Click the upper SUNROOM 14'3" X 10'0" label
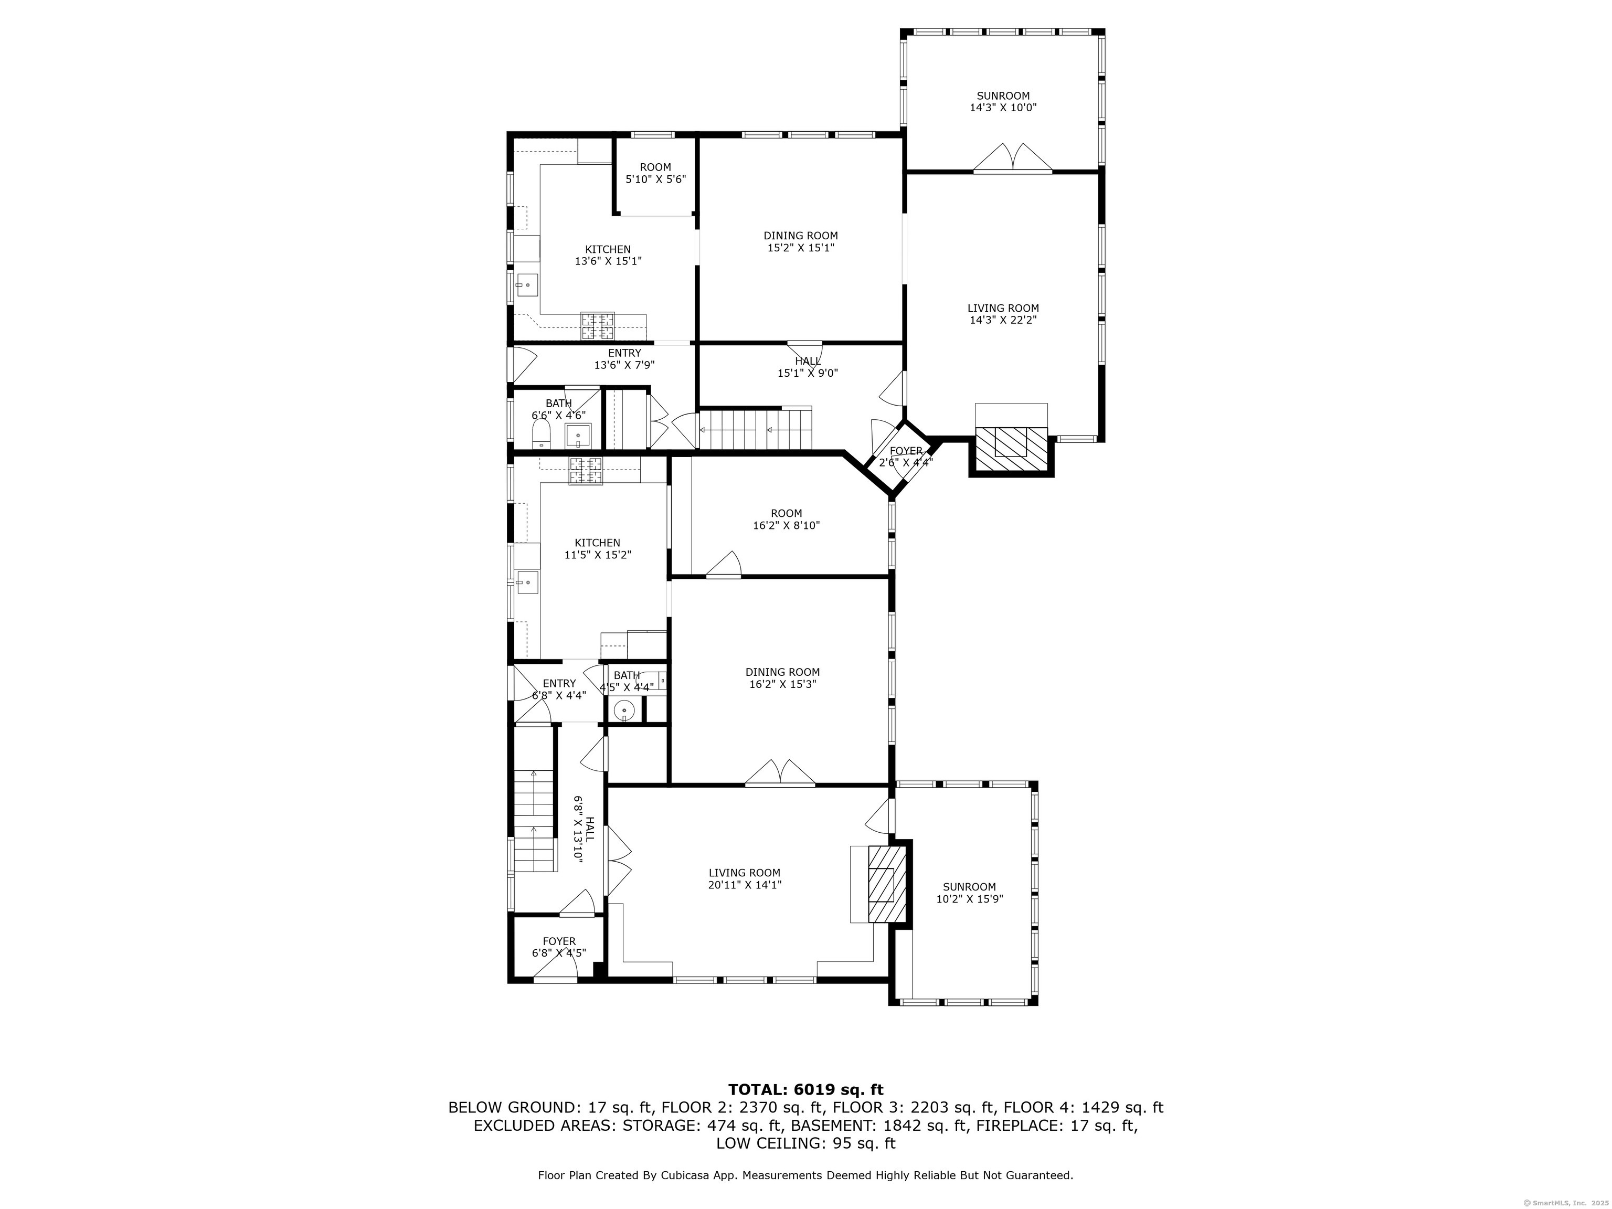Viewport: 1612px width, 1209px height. click(x=1003, y=101)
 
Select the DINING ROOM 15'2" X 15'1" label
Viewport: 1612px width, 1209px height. click(x=800, y=241)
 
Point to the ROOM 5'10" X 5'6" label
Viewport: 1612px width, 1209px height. click(x=655, y=173)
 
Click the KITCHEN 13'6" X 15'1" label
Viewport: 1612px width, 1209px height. click(x=608, y=255)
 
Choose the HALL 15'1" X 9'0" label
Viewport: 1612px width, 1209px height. click(x=808, y=367)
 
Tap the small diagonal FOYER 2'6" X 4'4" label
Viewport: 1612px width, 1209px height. click(x=905, y=456)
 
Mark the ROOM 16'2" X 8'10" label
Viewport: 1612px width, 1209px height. click(x=787, y=519)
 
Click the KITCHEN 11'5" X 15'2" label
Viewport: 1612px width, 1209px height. click(x=598, y=548)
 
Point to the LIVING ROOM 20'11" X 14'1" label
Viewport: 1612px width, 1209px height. click(x=744, y=878)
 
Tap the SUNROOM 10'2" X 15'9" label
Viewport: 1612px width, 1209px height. click(x=969, y=893)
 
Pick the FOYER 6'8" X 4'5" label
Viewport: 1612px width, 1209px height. click(x=559, y=947)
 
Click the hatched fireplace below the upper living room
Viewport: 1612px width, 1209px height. click(x=1011, y=449)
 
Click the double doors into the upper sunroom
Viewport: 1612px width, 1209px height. click(x=1012, y=158)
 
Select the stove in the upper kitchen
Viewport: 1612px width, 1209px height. click(x=598, y=326)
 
